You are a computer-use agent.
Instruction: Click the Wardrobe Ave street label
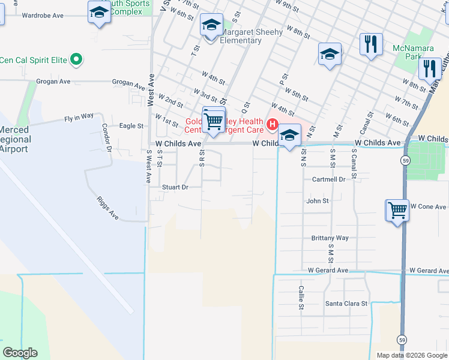tap(43, 16)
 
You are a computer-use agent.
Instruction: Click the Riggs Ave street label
tap(108, 207)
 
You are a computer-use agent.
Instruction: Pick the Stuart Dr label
tap(175, 187)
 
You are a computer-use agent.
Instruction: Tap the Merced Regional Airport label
tap(14, 139)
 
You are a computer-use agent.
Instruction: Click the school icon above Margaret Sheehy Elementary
tap(211, 26)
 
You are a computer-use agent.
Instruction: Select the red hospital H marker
tap(272, 125)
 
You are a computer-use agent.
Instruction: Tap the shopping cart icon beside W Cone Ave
tap(397, 211)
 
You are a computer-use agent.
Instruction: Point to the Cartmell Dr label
tap(328, 179)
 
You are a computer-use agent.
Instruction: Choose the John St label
tap(318, 201)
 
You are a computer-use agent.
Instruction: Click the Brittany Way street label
tap(330, 238)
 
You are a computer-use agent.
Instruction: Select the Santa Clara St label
tap(346, 304)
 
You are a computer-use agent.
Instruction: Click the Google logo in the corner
tap(20, 353)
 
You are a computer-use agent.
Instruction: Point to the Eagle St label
tap(131, 126)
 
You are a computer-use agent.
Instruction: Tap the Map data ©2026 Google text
tap(411, 355)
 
